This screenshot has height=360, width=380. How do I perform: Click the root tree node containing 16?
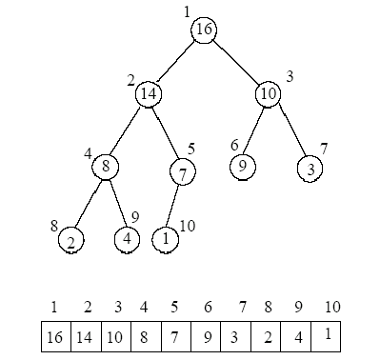point(204,30)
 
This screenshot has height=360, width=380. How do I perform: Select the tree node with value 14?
point(148,93)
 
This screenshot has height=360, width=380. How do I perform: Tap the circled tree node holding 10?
point(268,93)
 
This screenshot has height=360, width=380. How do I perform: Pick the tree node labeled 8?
point(106,167)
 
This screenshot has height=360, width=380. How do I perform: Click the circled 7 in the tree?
point(182,172)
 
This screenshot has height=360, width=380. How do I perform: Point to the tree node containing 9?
point(242,166)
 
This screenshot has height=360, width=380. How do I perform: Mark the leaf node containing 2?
point(70,240)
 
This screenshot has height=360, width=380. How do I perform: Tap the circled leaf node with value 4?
point(128,238)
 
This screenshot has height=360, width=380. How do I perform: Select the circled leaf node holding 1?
point(167,238)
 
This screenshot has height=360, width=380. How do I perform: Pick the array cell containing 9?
point(208,337)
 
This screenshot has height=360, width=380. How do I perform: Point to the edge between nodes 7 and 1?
point(174,206)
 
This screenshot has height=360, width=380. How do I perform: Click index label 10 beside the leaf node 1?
point(188,226)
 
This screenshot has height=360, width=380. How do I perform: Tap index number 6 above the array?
point(207,307)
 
